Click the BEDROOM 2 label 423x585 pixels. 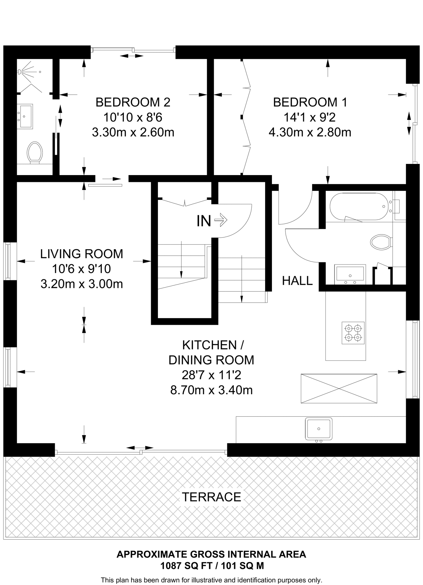(133, 102)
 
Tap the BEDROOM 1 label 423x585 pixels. (310, 102)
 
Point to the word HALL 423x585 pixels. (297, 281)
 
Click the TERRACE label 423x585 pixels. (211, 497)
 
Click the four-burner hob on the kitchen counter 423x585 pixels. (353, 333)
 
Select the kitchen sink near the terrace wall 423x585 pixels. (319, 429)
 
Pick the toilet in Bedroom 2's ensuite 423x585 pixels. (35, 153)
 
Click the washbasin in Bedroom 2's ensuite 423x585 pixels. (25, 116)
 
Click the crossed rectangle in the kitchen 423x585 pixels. (339, 388)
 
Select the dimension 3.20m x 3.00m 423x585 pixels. (82, 284)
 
